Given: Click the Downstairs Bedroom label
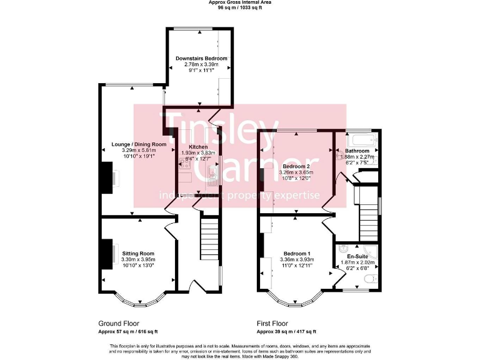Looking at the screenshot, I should tap(197, 58).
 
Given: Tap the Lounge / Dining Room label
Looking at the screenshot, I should tap(139, 144).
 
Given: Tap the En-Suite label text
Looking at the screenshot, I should tap(357, 256).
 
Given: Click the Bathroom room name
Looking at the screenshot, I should tap(357, 151).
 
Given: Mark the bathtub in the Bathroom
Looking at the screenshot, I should tap(359, 139).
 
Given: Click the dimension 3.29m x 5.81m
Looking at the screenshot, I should tap(139, 151).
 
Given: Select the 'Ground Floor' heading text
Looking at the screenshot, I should tap(118, 324).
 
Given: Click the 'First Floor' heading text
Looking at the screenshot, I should tap(272, 324).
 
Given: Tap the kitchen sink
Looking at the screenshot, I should tap(212, 174).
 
